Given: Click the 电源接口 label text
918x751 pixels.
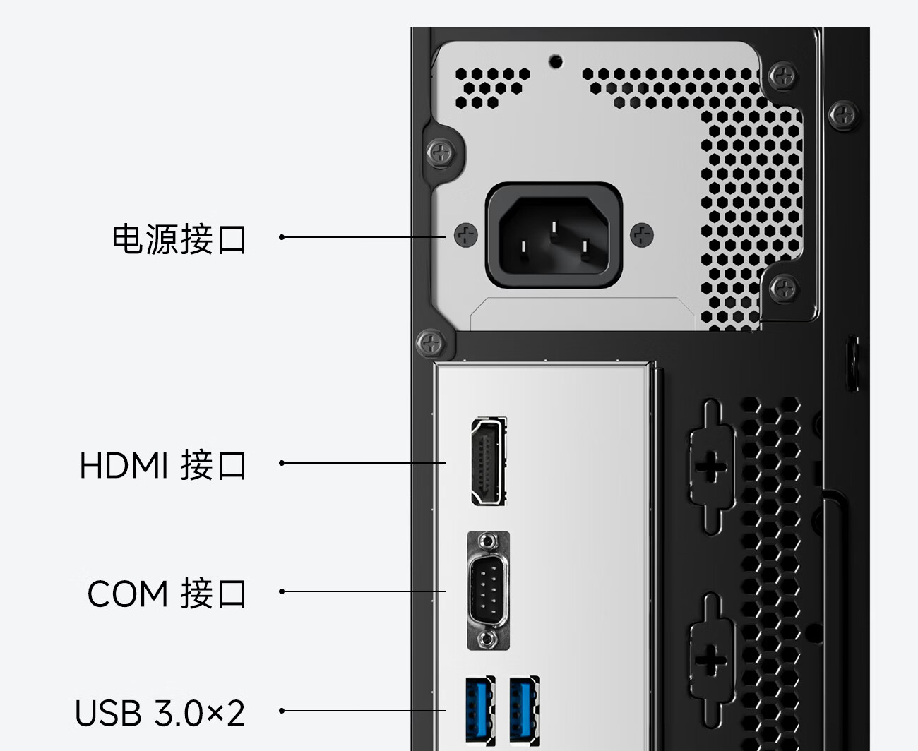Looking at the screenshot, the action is click(179, 239).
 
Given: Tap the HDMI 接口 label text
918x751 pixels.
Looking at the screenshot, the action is click(163, 465).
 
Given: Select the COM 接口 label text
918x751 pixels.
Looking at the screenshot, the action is click(167, 593).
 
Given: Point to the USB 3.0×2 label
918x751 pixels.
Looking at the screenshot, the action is click(160, 713).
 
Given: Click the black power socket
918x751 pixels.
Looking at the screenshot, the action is click(554, 236).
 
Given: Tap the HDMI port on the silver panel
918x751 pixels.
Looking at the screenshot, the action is click(489, 461).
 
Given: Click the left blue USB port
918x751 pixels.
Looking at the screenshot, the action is click(480, 711).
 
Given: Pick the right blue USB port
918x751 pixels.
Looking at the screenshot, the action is click(524, 711).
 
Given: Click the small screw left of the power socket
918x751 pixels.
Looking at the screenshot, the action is click(466, 236).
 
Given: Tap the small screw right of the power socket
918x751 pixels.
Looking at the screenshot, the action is click(642, 236).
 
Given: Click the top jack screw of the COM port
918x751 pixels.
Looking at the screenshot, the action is click(487, 542).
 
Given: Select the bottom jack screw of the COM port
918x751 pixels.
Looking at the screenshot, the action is click(487, 639).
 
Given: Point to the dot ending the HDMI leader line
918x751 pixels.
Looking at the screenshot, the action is click(282, 463).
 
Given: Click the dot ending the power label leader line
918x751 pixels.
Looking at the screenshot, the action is click(282, 237).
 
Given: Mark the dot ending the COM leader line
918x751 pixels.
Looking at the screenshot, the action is click(282, 591).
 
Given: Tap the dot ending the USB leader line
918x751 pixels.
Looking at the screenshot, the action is click(282, 711).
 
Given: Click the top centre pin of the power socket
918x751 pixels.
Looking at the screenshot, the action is click(554, 227).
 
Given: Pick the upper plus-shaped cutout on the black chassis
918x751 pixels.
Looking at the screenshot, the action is click(710, 467).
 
